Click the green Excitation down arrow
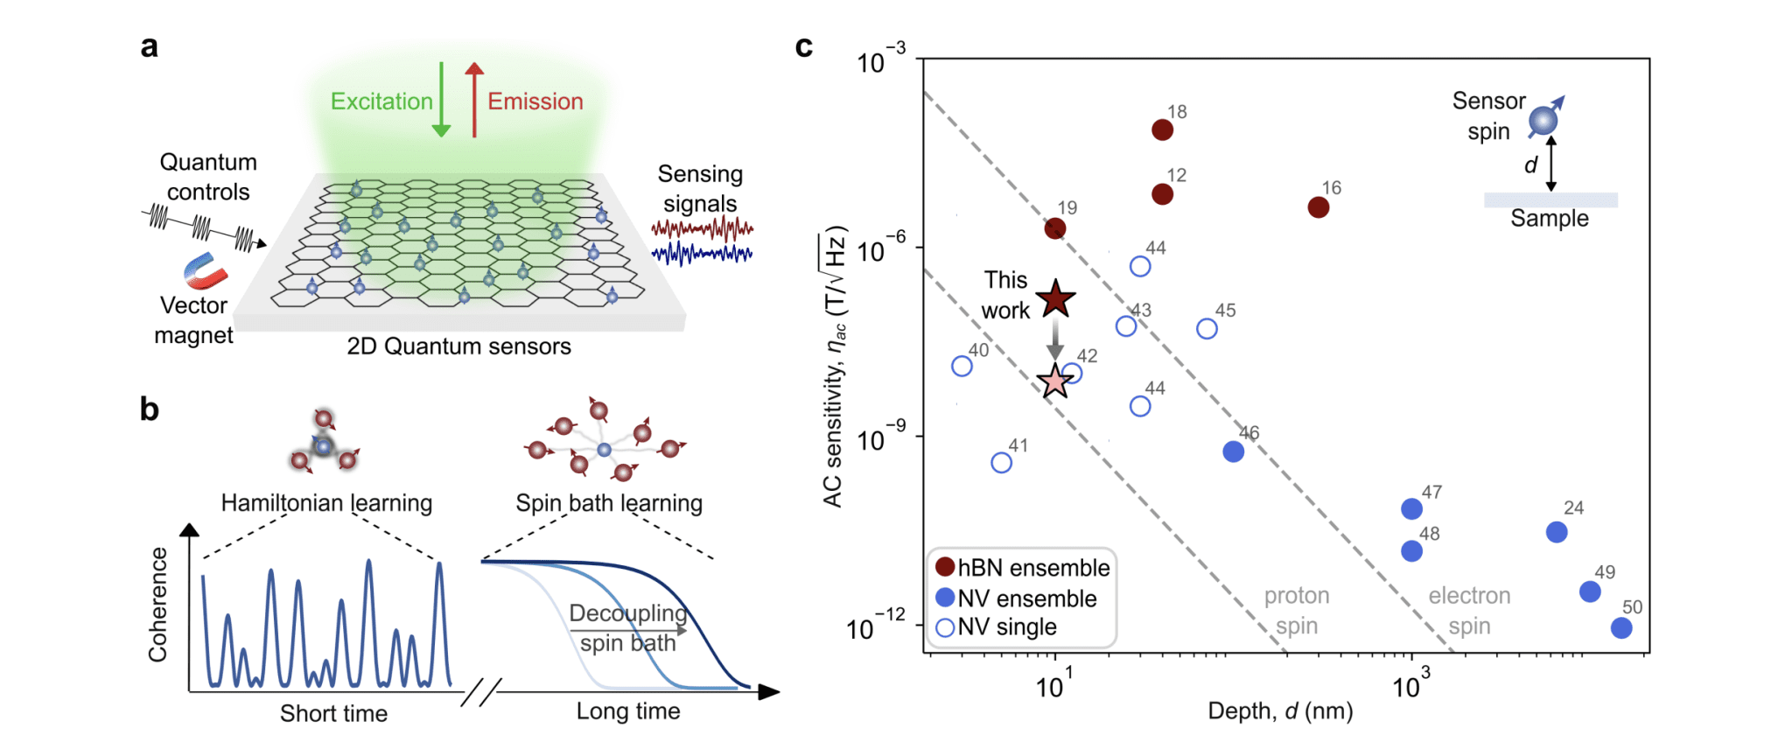(x=441, y=100)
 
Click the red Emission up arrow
(x=474, y=100)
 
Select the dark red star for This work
(x=1056, y=299)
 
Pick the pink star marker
(x=1055, y=381)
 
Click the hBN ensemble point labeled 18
(x=1162, y=130)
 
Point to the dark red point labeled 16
(x=1319, y=207)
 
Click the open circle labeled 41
(x=1002, y=463)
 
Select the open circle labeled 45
(x=1207, y=329)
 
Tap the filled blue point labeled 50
(x=1621, y=627)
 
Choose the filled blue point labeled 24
(x=1557, y=532)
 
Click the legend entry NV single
(x=997, y=627)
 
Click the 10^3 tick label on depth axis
(x=1410, y=684)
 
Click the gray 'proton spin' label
(x=1297, y=611)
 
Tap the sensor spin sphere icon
(x=1543, y=120)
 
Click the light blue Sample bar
(x=1550, y=200)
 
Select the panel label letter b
(x=150, y=409)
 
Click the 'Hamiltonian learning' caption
(x=326, y=503)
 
